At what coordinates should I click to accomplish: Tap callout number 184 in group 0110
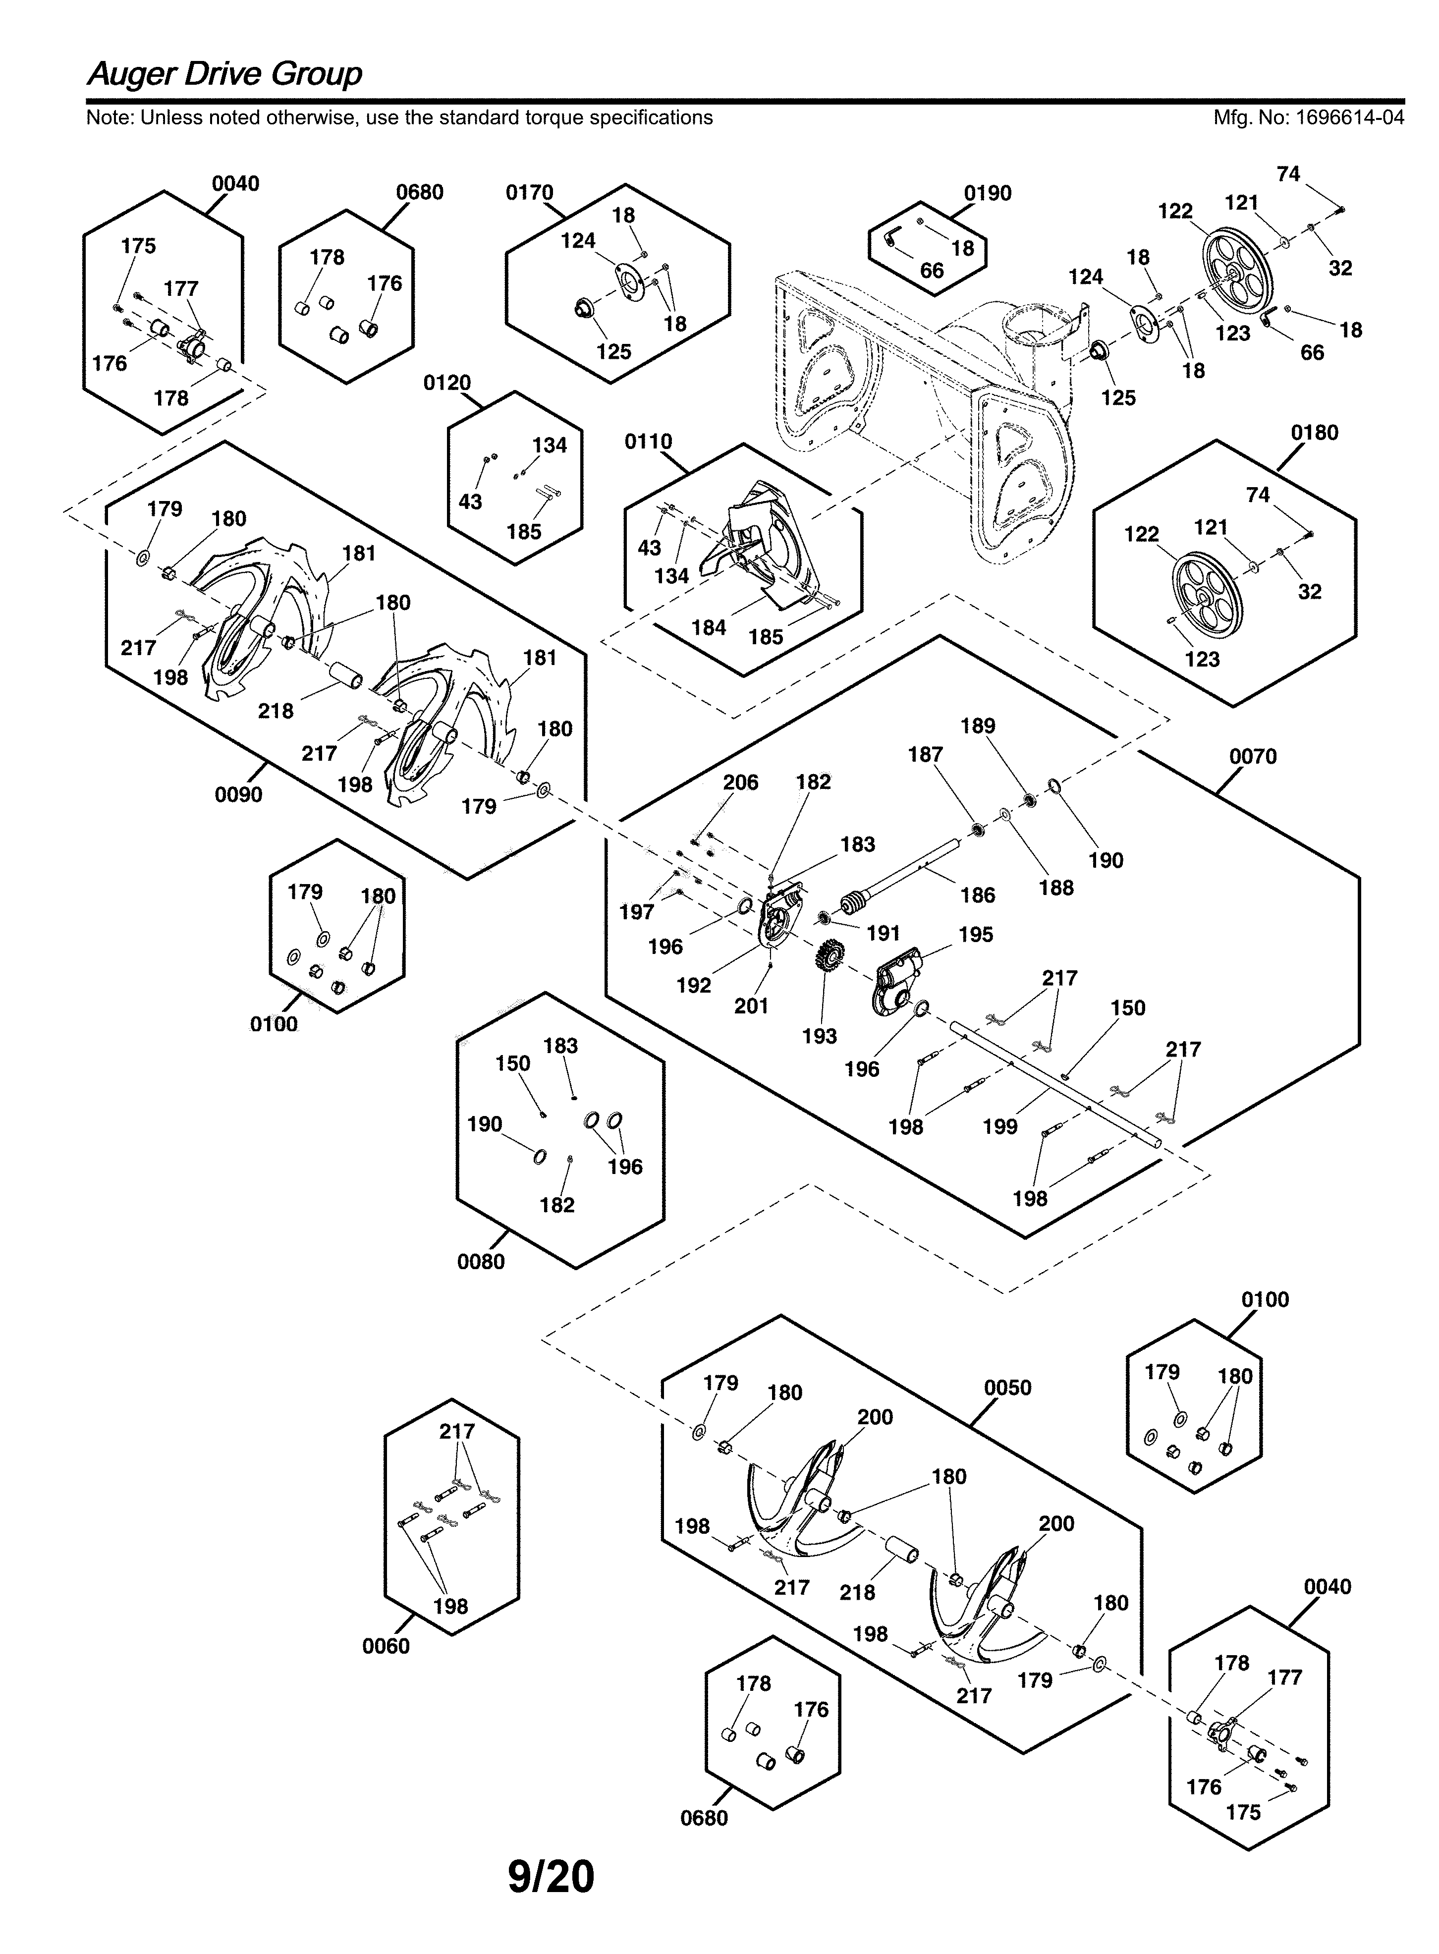click(708, 627)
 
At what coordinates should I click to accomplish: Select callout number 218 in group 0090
click(275, 711)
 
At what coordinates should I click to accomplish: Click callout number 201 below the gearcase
click(751, 1005)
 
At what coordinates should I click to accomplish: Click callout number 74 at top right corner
click(1288, 174)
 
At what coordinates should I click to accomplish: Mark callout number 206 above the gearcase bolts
click(740, 782)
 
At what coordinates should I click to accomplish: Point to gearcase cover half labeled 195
click(900, 981)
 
